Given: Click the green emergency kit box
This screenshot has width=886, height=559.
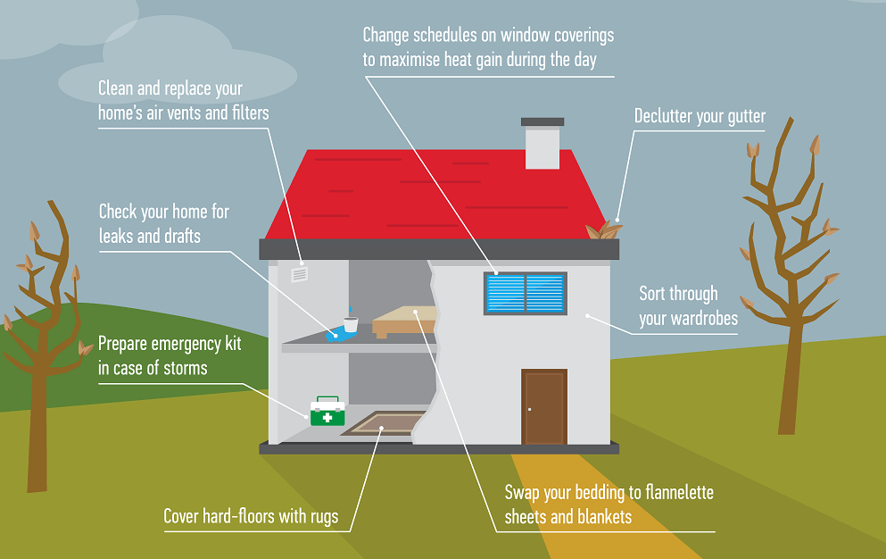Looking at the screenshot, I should point(327,413).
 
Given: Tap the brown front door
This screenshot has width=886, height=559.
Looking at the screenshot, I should point(544,406).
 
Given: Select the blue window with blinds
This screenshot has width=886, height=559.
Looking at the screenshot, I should point(525,293).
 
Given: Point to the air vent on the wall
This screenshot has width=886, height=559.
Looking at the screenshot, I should point(300,274).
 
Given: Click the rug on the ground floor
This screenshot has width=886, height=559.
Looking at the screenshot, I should point(384,422).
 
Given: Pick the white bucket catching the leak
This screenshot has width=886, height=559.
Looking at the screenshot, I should point(351,324).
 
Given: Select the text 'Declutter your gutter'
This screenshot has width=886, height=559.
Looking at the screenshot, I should point(700,116).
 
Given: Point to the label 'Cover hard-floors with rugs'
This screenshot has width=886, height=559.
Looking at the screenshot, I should point(251,516).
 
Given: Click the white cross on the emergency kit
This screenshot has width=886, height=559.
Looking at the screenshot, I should point(327,417).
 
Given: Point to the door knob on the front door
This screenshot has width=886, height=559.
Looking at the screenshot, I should point(529,410).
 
